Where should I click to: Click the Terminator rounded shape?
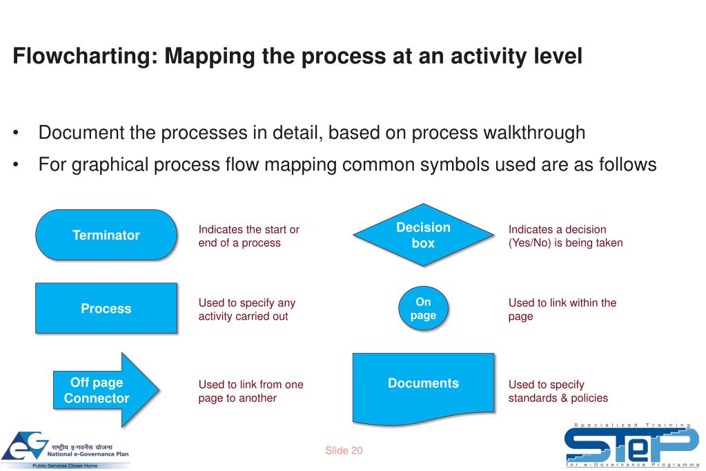point(106,235)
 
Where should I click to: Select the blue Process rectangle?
point(106,309)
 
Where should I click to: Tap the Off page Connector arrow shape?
point(104,390)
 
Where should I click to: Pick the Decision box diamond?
point(423,235)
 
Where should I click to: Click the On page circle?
point(424,309)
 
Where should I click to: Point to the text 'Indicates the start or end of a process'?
point(248,236)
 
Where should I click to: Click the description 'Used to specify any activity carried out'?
point(246,309)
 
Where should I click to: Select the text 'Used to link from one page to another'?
point(251,391)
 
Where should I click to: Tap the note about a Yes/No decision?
point(565,236)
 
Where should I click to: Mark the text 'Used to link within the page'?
point(562,309)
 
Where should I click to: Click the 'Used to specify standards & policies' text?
point(558,391)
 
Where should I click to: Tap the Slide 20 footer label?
point(344,450)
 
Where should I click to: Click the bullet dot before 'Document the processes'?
point(16,133)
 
